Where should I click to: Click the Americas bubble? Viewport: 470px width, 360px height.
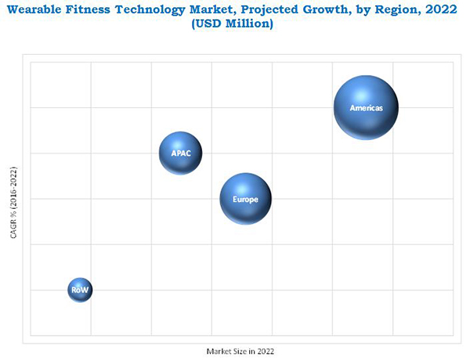click(366, 107)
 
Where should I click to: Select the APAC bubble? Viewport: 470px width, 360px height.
click(181, 153)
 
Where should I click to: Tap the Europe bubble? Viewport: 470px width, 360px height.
click(245, 199)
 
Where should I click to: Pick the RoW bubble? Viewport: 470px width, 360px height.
click(80, 290)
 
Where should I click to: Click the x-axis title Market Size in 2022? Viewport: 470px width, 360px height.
click(240, 351)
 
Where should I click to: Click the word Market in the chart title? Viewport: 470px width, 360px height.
click(211, 9)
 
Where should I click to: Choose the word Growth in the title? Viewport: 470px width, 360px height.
click(327, 9)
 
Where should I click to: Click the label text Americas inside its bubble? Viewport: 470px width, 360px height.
click(366, 108)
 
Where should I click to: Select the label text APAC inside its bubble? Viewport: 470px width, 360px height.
click(181, 153)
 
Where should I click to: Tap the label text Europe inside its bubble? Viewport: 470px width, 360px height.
click(245, 200)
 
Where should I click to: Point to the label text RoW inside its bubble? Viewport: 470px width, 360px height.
click(80, 290)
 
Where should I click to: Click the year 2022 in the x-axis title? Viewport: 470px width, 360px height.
click(266, 351)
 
